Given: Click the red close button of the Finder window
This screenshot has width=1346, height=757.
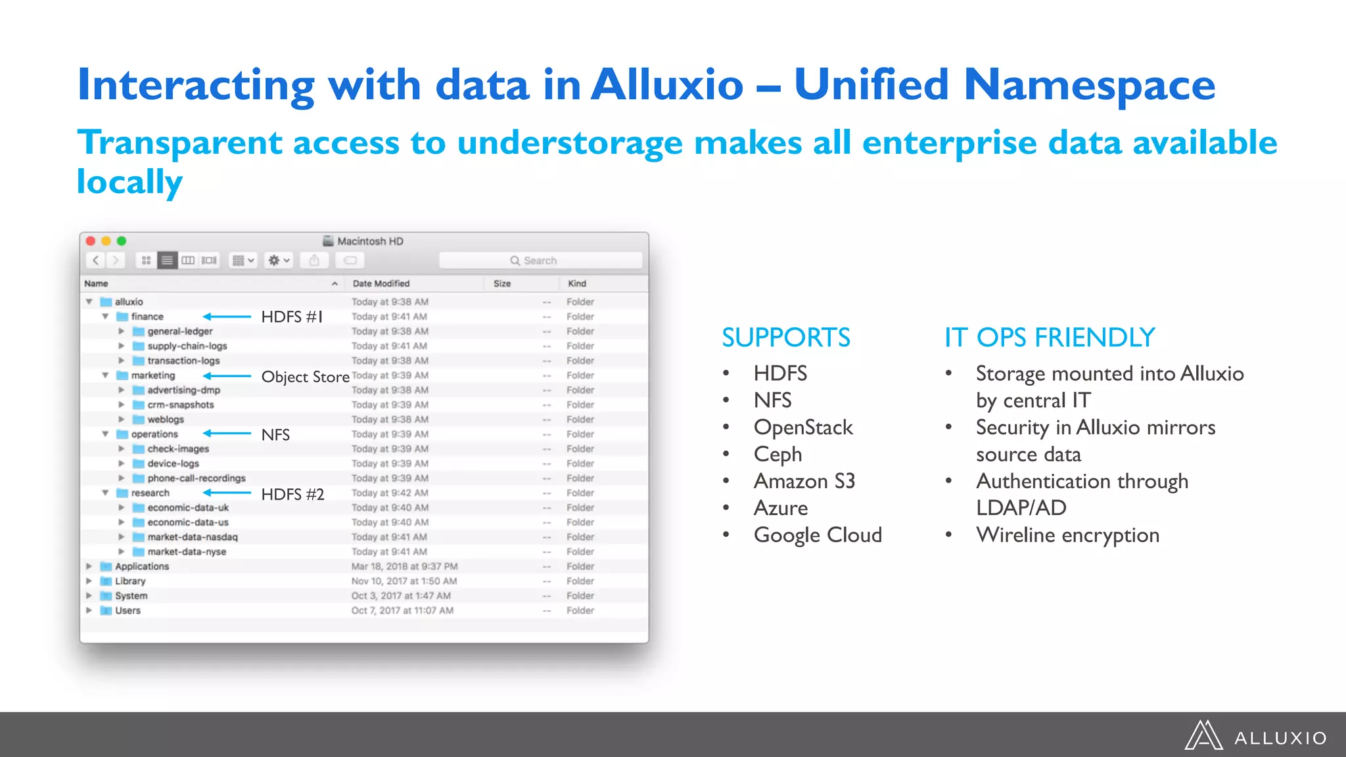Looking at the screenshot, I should [x=91, y=241].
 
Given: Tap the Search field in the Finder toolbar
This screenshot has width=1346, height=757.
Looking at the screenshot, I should [x=540, y=261].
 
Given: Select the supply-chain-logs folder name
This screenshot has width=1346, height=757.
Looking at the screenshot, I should [x=187, y=346].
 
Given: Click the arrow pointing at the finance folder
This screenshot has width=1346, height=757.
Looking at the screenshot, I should [x=227, y=317].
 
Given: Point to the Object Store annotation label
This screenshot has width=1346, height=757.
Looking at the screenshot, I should [x=305, y=377].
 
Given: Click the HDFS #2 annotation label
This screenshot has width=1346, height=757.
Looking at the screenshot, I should [x=292, y=494].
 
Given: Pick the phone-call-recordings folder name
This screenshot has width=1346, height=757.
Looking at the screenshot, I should [x=197, y=478].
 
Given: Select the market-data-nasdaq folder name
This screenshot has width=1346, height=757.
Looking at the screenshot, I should [x=193, y=537].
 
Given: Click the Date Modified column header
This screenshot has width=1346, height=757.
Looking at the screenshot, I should [x=381, y=284].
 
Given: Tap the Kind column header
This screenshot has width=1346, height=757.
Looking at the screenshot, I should [x=577, y=284].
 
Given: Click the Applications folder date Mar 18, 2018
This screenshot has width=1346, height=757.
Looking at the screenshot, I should [x=404, y=566].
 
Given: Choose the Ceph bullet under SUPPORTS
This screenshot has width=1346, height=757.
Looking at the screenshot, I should [x=777, y=454].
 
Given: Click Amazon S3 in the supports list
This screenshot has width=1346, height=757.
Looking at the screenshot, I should [x=804, y=481].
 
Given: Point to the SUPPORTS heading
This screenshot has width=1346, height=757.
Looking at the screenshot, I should [x=785, y=338].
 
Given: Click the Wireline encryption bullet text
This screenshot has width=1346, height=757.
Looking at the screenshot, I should [x=1067, y=535].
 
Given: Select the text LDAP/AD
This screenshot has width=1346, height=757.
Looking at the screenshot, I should [x=1021, y=508].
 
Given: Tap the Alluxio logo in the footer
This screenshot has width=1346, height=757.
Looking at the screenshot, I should [x=1256, y=736].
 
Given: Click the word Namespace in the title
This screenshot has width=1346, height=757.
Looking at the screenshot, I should [x=1089, y=85].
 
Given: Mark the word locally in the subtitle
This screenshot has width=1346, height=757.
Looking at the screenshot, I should [x=129, y=182].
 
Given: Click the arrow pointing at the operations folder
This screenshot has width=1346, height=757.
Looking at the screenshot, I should [x=227, y=434].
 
